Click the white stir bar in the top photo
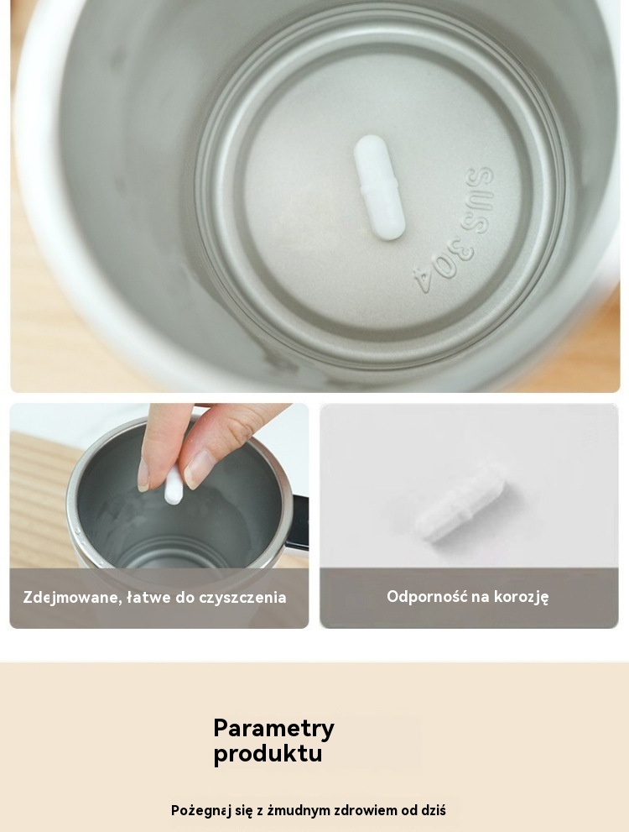click(379, 186)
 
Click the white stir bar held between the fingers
click(174, 487)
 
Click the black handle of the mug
click(299, 523)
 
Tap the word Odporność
click(427, 596)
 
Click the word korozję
click(521, 597)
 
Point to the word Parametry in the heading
click(273, 729)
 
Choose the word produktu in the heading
click(268, 753)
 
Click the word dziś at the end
click(433, 810)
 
